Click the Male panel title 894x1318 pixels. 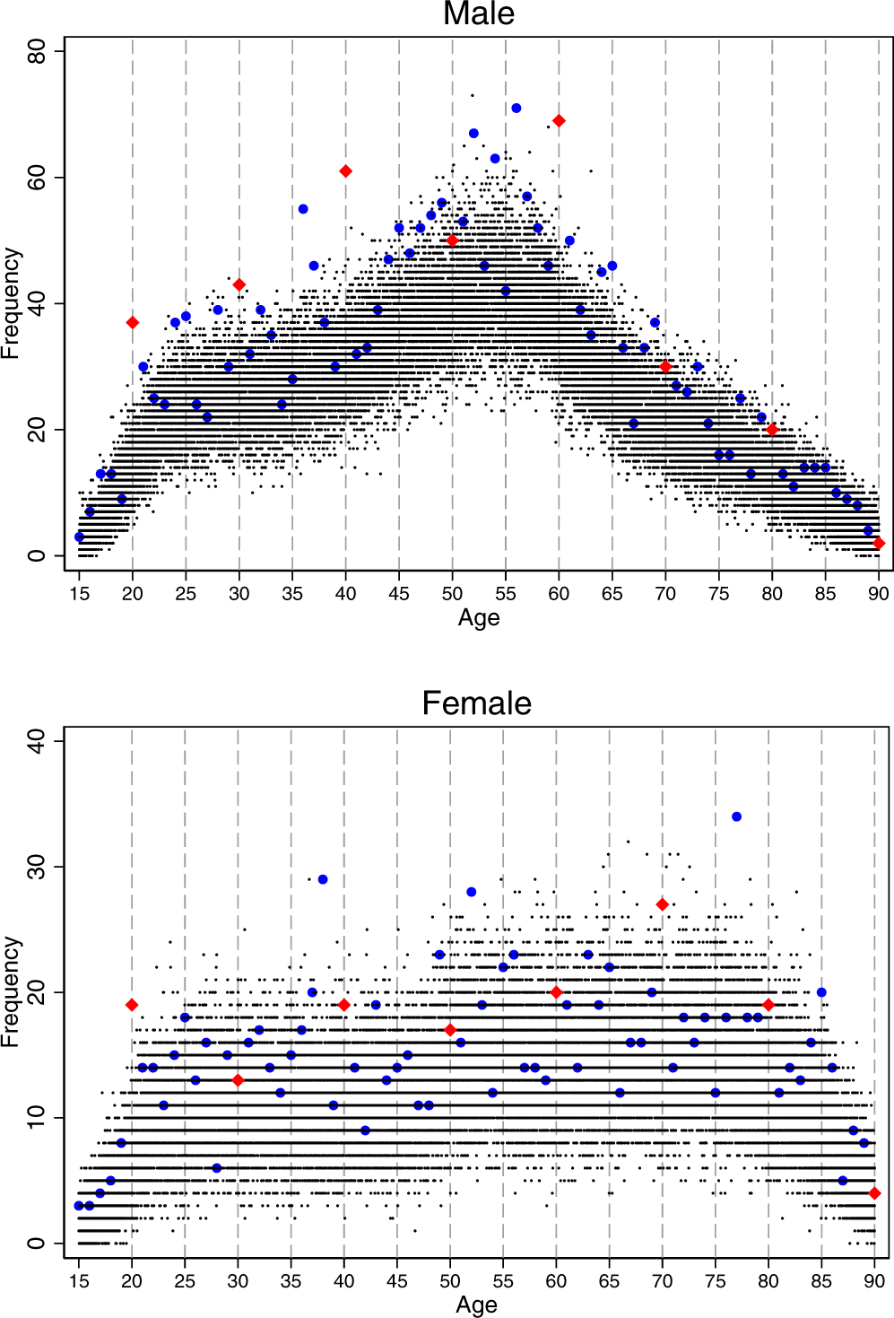coord(479,14)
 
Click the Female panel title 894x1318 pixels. coord(476,703)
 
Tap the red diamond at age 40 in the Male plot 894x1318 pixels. coord(345,171)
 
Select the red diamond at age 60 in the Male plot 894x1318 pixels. coord(559,121)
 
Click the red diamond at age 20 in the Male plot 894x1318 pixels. coord(133,323)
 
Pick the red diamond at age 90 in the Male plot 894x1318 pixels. coord(879,543)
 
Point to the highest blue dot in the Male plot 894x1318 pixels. coord(516,109)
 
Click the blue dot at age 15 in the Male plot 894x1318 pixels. coord(79,537)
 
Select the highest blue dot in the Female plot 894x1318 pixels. coord(736,816)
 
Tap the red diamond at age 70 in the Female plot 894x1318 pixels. coord(663,904)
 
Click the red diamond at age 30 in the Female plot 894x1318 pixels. coord(238,1080)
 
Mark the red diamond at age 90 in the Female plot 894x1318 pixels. coord(875,1193)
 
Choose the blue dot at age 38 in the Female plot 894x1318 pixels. coord(323,879)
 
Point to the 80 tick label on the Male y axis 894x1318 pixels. coord(37,52)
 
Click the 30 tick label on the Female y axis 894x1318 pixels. coord(37,867)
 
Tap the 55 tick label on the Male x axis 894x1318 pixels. coord(506,593)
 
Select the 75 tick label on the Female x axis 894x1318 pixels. coord(716,1281)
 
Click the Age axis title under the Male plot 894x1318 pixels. coord(479,617)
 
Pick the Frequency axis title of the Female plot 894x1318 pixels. coord(11,991)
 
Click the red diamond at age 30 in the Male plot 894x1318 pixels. coord(239,285)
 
